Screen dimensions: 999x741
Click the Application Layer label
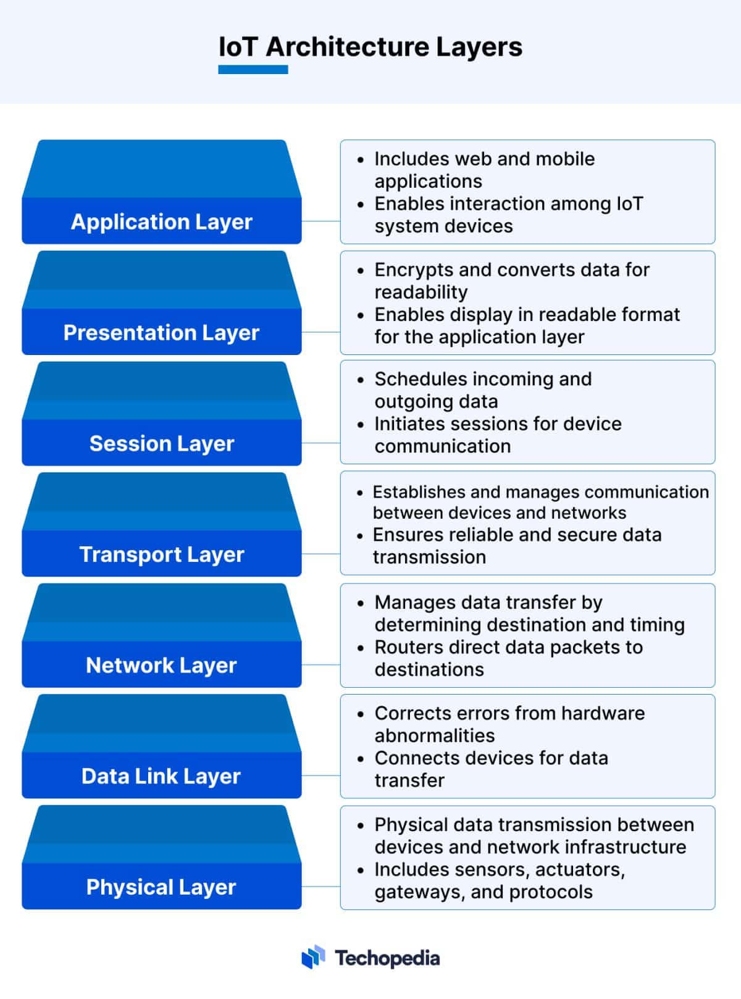pyautogui.click(x=161, y=222)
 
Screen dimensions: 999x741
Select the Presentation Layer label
pyautogui.click(x=161, y=333)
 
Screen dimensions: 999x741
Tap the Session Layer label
pyautogui.click(x=161, y=443)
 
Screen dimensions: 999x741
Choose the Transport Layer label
pyautogui.click(x=161, y=554)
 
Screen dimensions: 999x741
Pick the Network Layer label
pyautogui.click(x=161, y=666)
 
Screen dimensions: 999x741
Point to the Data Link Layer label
pyautogui.click(x=161, y=776)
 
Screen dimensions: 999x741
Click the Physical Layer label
pyautogui.click(x=161, y=887)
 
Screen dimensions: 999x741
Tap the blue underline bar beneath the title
pyautogui.click(x=253, y=70)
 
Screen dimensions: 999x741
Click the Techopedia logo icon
pyautogui.click(x=313, y=958)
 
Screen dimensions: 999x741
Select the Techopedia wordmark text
pyautogui.click(x=387, y=958)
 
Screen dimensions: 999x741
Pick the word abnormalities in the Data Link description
pyautogui.click(x=434, y=736)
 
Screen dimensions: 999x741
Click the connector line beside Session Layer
pyautogui.click(x=320, y=443)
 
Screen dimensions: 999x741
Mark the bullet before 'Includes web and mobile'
pyautogui.click(x=361, y=159)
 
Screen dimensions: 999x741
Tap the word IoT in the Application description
pyautogui.click(x=629, y=204)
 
